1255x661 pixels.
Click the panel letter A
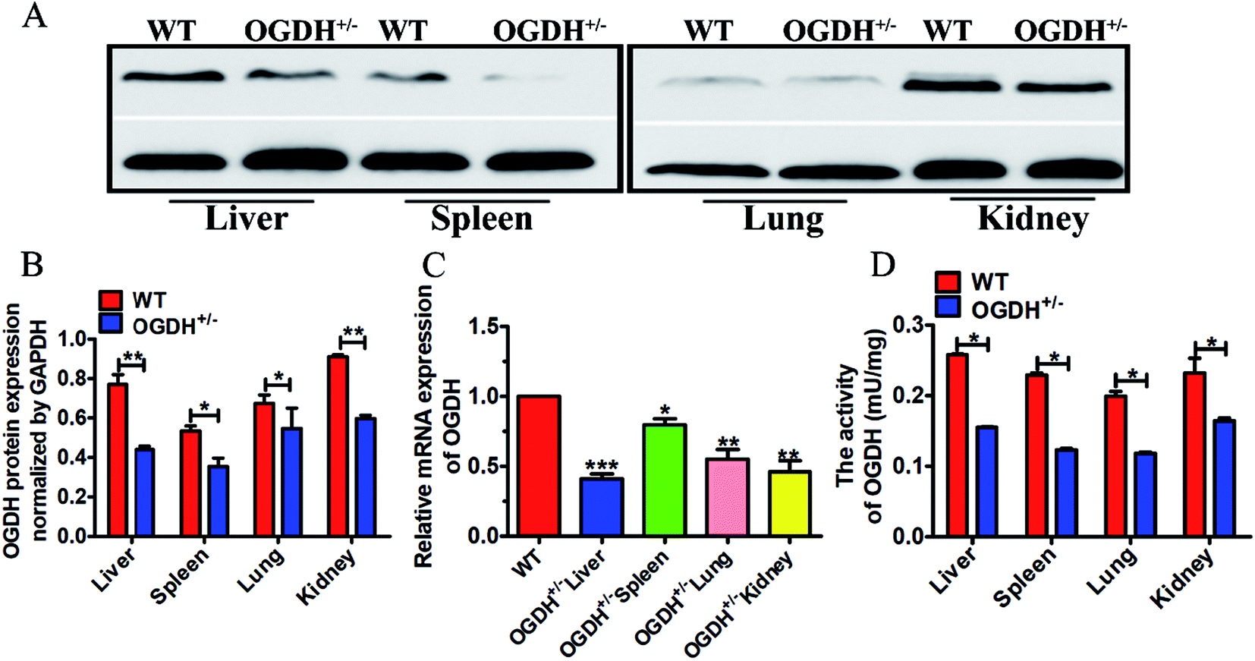[33, 15]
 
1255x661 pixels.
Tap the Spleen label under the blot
[481, 219]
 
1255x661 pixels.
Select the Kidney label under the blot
[1033, 219]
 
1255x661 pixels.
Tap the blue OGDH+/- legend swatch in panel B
[111, 323]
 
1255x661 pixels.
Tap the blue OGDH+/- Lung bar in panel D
[1145, 494]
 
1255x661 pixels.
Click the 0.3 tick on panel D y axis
[911, 325]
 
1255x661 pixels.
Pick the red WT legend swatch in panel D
[948, 282]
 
